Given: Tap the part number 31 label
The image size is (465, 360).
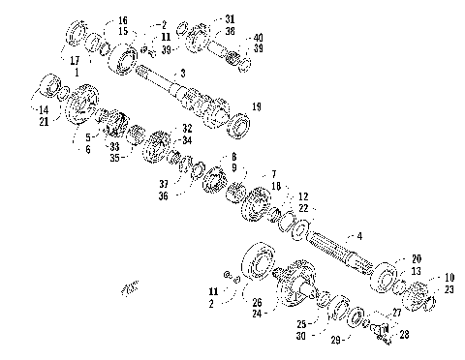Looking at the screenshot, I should [230, 19].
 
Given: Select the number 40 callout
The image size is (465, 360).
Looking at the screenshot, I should [259, 38].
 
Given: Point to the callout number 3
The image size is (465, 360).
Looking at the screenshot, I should [182, 75].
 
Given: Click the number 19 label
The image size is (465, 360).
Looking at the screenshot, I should [257, 105].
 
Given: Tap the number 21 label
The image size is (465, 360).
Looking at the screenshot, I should [43, 123].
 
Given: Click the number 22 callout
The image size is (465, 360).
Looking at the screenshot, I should [303, 207].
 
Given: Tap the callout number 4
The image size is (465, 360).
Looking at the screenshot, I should [360, 236].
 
